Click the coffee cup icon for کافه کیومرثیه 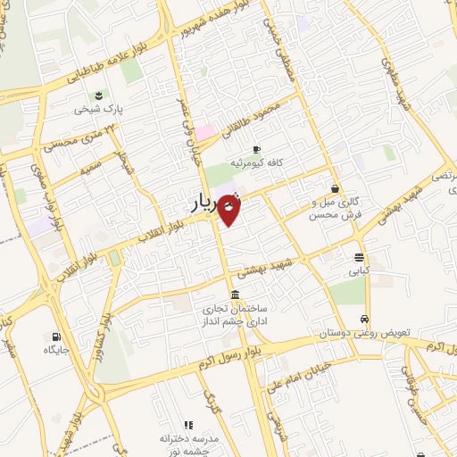pos(257,149)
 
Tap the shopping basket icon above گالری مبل pos(335,189)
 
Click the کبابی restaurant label pos(357,270)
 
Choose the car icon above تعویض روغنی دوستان pos(364,319)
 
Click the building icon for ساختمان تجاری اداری pos(234,295)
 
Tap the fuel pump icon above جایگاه pos(57,337)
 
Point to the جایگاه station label pos(56,351)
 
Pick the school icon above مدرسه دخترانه pos(187,425)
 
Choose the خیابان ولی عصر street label pos(189,134)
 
